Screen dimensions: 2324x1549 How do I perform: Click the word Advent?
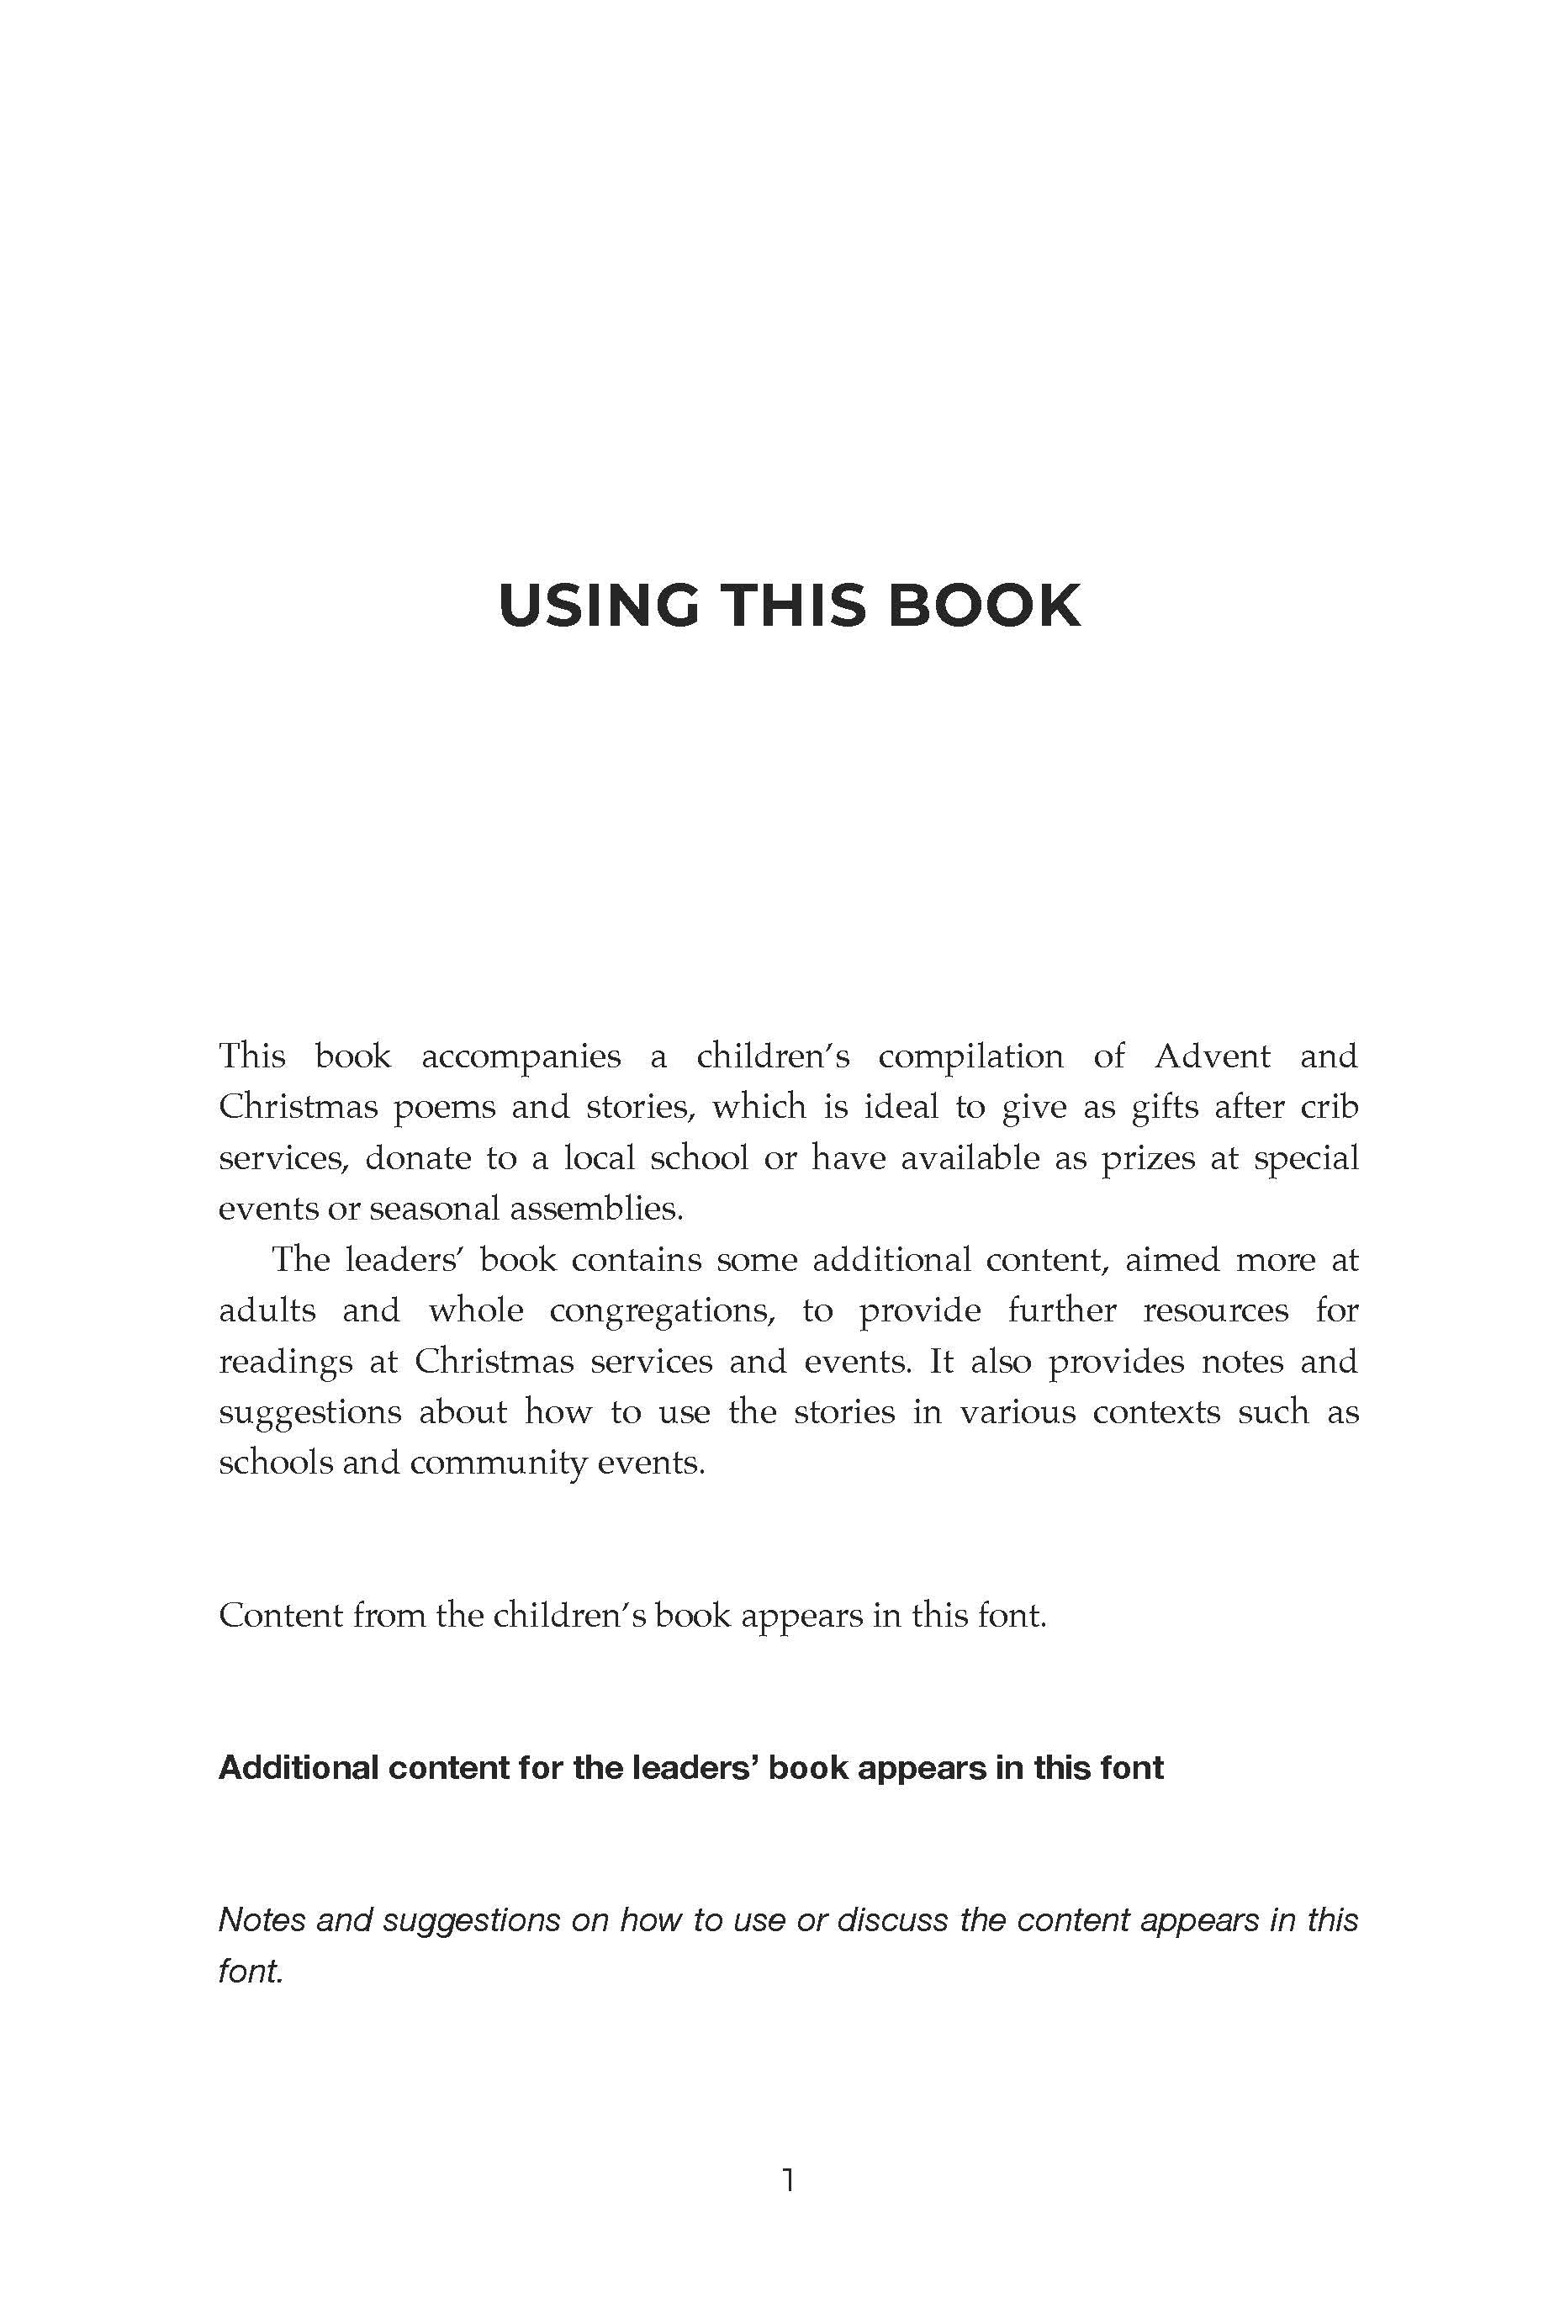[x=1212, y=1056]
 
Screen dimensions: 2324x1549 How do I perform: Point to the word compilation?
[x=970, y=1058]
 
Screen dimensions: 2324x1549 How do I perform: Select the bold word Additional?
[x=299, y=1768]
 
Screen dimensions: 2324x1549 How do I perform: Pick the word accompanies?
[x=521, y=1058]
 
